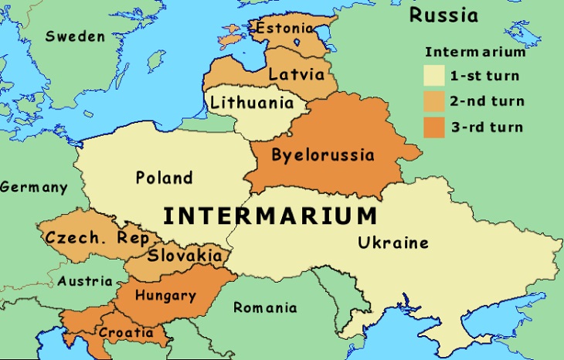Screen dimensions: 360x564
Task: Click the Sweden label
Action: click(74, 36)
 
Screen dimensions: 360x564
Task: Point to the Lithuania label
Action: click(252, 103)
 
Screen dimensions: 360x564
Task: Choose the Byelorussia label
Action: click(322, 155)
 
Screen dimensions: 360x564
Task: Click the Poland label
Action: click(164, 178)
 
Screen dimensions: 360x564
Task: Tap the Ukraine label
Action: click(392, 243)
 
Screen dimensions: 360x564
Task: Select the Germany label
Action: click(33, 188)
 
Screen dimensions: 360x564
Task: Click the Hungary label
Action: click(165, 295)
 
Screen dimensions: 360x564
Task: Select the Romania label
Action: click(265, 307)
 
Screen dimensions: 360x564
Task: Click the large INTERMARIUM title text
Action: click(270, 214)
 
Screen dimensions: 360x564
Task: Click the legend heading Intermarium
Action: click(475, 53)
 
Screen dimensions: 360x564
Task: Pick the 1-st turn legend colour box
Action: click(434, 76)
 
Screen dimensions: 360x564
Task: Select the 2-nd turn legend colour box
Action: click(434, 101)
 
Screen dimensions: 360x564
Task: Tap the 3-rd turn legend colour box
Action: click(434, 127)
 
